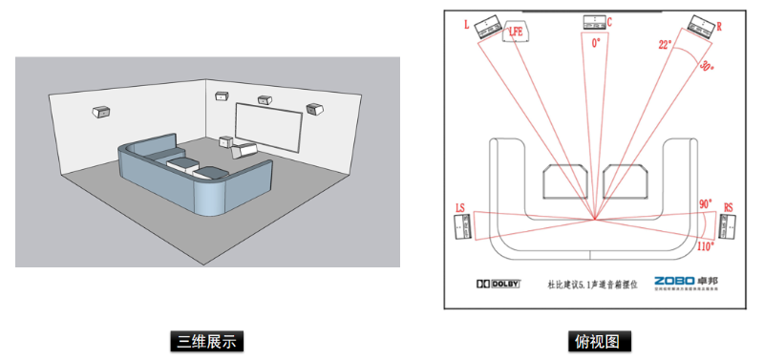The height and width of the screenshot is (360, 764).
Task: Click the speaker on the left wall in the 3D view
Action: pos(99,112)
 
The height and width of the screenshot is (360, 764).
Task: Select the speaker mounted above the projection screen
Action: pos(263,98)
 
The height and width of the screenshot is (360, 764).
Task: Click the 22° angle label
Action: pos(665,44)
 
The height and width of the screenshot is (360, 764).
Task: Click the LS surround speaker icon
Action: pos(462,226)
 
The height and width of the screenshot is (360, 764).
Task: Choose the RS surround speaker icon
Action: pos(727,226)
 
